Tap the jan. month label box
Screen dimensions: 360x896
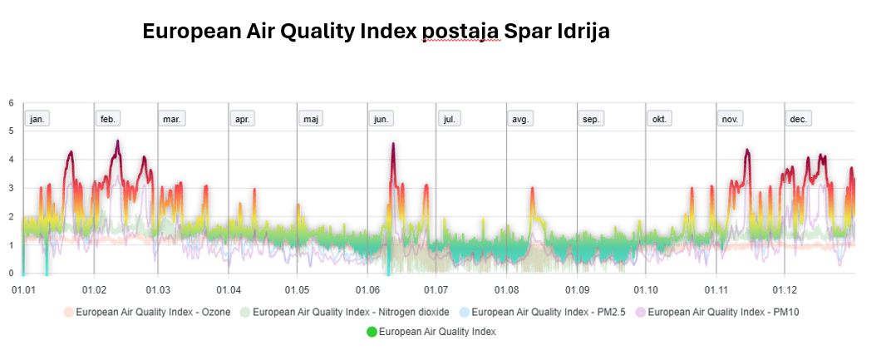click(37, 119)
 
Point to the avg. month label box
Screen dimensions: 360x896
click(520, 119)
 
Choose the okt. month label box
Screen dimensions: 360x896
click(659, 119)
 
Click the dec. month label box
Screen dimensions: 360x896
click(798, 119)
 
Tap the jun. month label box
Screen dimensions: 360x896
click(381, 119)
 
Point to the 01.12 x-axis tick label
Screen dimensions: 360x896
click(785, 289)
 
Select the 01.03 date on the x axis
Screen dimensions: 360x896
click(158, 289)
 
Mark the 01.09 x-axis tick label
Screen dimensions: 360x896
click(578, 289)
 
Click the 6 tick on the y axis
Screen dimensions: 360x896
click(11, 103)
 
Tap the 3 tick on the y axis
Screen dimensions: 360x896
click(11, 189)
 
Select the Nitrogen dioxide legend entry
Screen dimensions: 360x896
click(350, 313)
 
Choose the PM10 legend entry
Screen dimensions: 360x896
click(722, 313)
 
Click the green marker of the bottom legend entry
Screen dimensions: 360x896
click(371, 332)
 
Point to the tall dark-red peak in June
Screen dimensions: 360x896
click(393, 145)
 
